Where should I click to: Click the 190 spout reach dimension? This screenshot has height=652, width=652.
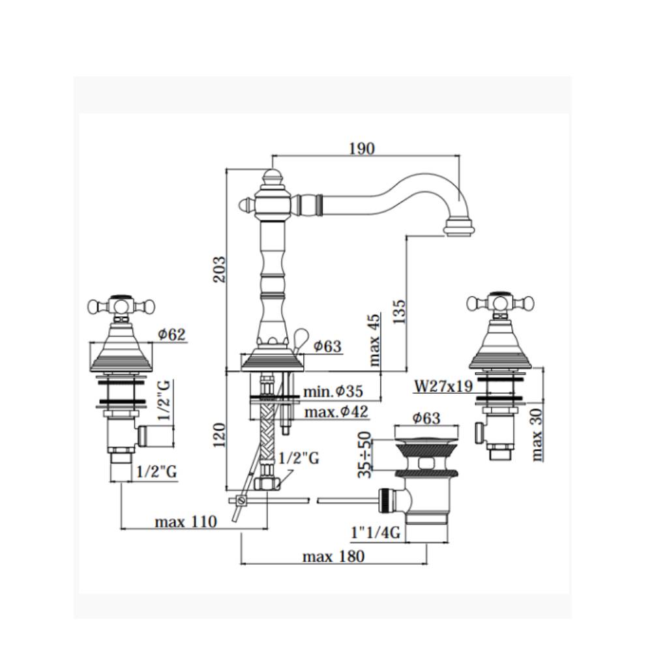pos(362,149)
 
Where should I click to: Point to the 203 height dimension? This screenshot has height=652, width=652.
pos(220,269)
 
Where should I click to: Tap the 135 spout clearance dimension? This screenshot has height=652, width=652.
pos(399,312)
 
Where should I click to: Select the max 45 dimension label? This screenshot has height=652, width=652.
pos(374,340)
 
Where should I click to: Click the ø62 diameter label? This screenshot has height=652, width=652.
pos(171,334)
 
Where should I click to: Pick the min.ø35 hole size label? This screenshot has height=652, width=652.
pos(333,391)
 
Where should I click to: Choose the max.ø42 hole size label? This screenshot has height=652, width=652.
pos(336,411)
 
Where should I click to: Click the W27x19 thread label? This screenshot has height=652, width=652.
pos(443,386)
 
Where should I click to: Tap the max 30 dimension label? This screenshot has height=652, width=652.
pos(537,434)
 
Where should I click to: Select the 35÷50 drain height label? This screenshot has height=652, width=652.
pos(364,454)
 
